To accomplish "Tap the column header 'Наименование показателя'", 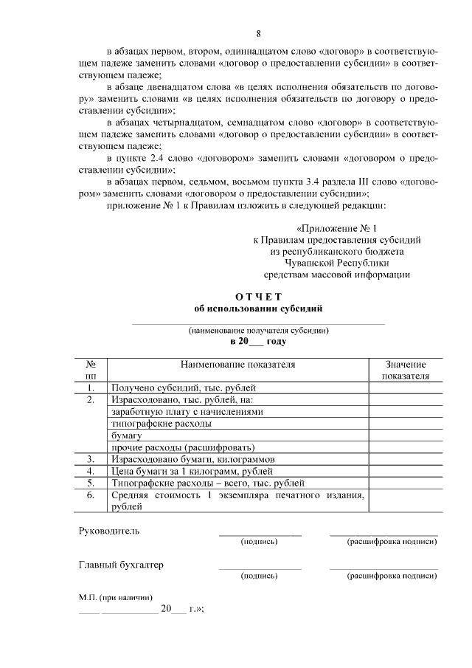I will click(238, 365).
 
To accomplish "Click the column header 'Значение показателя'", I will click(406, 370).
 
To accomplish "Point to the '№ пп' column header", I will click(92, 370).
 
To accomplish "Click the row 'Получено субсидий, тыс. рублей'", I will click(184, 388).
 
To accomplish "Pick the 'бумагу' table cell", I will click(127, 435).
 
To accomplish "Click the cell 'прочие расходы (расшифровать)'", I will click(183, 447).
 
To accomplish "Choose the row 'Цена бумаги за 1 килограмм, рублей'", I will click(192, 471).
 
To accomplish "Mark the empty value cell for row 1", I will click(406, 388).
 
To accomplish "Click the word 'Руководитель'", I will click(108, 531).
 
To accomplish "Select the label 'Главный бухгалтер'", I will click(121, 565).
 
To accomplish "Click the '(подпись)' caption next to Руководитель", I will click(260, 542).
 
